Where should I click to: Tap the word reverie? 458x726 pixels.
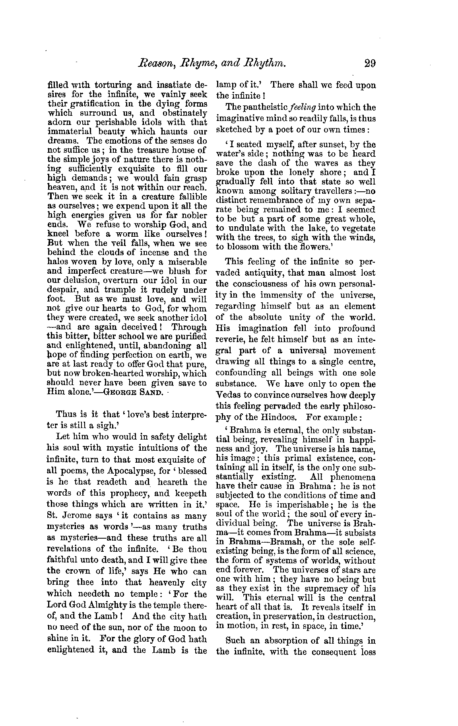231,340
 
